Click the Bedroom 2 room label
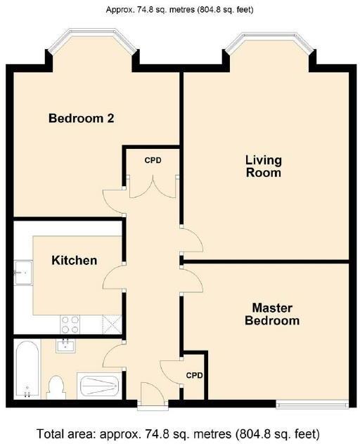[x=81, y=118]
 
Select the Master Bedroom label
[x=272, y=314]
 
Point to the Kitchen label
[x=74, y=261]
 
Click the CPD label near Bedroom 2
[x=153, y=161]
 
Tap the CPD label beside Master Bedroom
[x=194, y=375]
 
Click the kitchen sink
[x=22, y=270]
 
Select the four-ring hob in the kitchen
[x=70, y=324]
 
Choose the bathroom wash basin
[x=67, y=344]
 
